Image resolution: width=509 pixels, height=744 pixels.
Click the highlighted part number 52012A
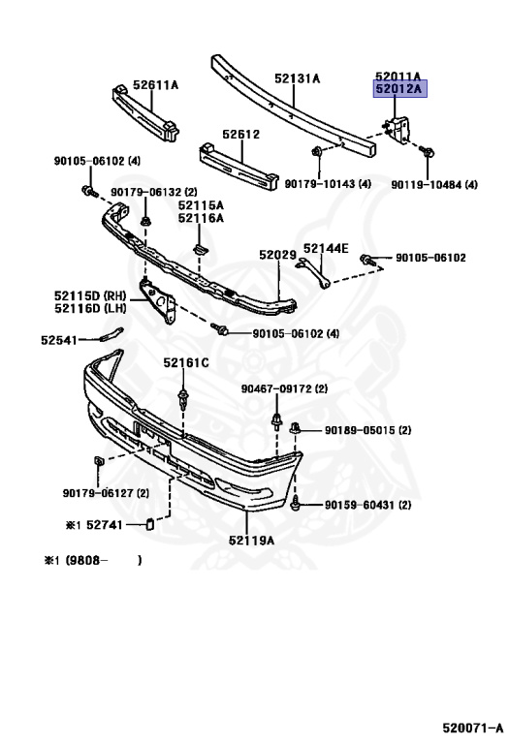[x=398, y=89]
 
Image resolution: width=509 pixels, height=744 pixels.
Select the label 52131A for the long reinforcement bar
[x=298, y=78]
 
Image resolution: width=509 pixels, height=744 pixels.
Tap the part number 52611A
[x=155, y=85]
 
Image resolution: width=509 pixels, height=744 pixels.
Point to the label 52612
[x=241, y=135]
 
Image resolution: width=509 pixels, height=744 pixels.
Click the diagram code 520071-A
[x=472, y=728]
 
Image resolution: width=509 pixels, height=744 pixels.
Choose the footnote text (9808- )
[x=103, y=560]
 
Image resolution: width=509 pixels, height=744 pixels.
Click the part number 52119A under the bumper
[x=251, y=541]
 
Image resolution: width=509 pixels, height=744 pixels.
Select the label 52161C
[x=186, y=363]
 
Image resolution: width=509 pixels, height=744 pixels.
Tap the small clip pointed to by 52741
[x=149, y=524]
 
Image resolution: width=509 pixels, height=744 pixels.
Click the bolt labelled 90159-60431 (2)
[x=296, y=503]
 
